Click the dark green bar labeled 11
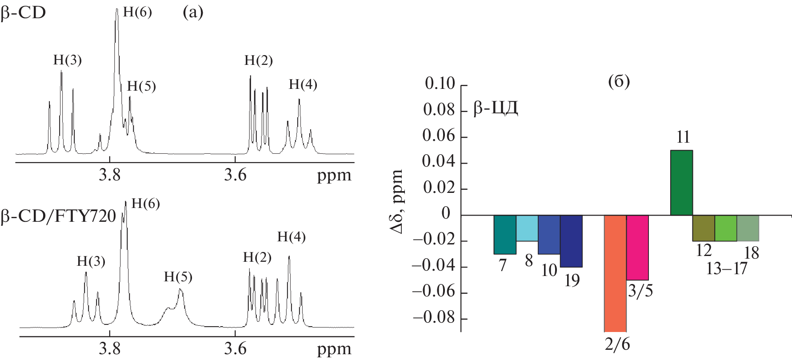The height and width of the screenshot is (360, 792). (681, 183)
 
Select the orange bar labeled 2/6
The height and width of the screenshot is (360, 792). (615, 273)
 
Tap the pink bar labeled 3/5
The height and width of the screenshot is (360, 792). (637, 248)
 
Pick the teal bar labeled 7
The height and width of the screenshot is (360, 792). (505, 235)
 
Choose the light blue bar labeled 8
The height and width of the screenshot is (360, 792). (527, 228)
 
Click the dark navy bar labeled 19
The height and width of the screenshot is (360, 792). (571, 241)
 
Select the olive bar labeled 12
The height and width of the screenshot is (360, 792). (704, 228)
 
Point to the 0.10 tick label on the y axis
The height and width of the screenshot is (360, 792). (440, 84)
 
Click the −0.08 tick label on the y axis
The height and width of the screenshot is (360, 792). (434, 318)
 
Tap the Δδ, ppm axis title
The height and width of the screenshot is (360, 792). (396, 201)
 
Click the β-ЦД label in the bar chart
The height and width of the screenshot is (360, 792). (496, 108)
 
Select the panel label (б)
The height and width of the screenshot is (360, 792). (619, 81)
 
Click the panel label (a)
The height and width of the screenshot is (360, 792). (193, 12)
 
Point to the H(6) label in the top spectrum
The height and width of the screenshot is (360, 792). (137, 12)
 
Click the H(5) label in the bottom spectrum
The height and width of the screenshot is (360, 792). (178, 277)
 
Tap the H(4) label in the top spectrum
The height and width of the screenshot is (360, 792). (303, 84)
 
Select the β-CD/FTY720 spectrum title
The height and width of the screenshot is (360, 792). (58, 216)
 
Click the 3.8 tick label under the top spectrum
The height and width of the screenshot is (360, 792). (110, 175)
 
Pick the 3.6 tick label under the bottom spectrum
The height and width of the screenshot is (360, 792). (235, 349)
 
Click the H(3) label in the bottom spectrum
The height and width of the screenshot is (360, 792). (91, 261)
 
